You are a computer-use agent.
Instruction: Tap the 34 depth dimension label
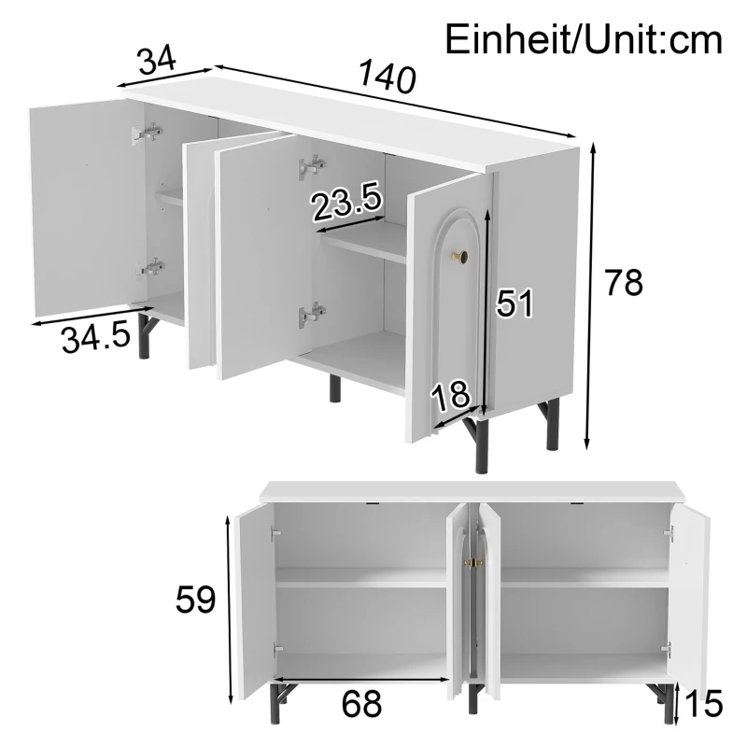tap(157, 61)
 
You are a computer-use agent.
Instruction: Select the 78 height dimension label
tap(624, 282)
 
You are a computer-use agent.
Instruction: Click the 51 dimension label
tap(514, 303)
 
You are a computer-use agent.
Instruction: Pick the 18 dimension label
tap(451, 396)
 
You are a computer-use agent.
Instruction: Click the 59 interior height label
tap(196, 599)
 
